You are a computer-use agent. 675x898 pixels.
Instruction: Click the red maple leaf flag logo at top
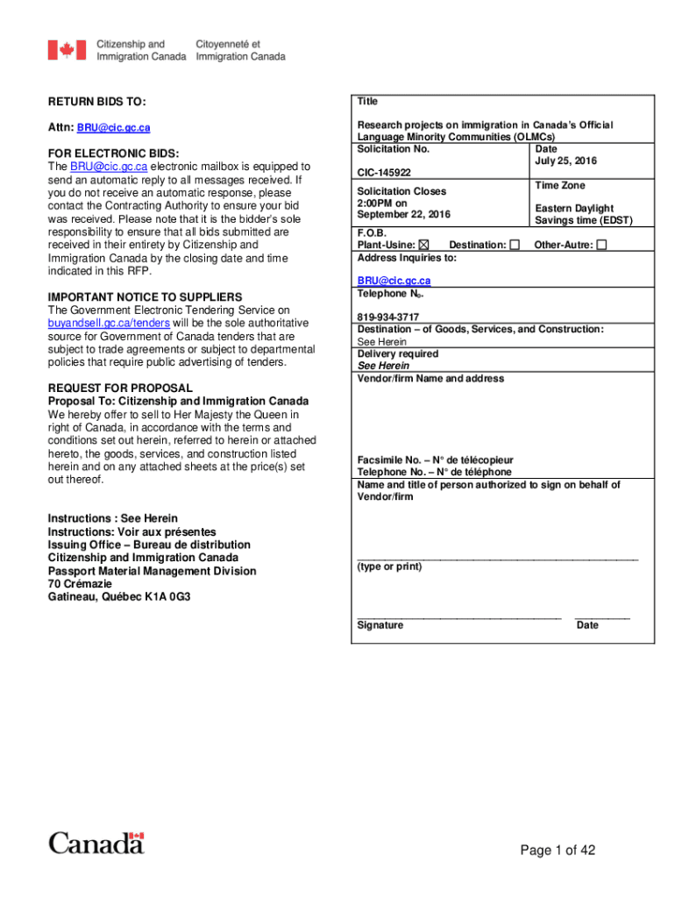[67, 50]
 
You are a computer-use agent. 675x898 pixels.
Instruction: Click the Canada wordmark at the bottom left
[96, 844]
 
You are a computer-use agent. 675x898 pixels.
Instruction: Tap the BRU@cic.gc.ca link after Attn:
[113, 128]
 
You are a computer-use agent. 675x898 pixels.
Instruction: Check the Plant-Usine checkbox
[424, 245]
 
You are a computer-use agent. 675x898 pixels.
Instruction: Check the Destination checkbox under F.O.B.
[515, 245]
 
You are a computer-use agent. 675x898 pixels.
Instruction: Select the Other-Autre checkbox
[601, 245]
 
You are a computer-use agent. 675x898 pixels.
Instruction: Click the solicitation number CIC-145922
[384, 173]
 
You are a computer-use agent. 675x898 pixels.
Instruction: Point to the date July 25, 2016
[566, 161]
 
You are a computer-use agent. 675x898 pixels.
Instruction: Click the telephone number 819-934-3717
[387, 317]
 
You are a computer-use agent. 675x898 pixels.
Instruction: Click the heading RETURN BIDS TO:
[96, 103]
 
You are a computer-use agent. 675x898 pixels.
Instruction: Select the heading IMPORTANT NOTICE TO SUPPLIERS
[145, 297]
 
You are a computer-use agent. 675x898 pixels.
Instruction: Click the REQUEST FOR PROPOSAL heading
[120, 388]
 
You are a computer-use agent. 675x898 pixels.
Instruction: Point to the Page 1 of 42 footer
[558, 850]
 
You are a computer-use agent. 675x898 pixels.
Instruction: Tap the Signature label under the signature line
[380, 625]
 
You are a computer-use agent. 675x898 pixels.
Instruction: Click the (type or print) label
[389, 567]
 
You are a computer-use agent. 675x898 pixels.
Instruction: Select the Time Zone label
[560, 186]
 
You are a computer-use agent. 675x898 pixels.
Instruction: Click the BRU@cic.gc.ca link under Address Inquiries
[394, 281]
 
